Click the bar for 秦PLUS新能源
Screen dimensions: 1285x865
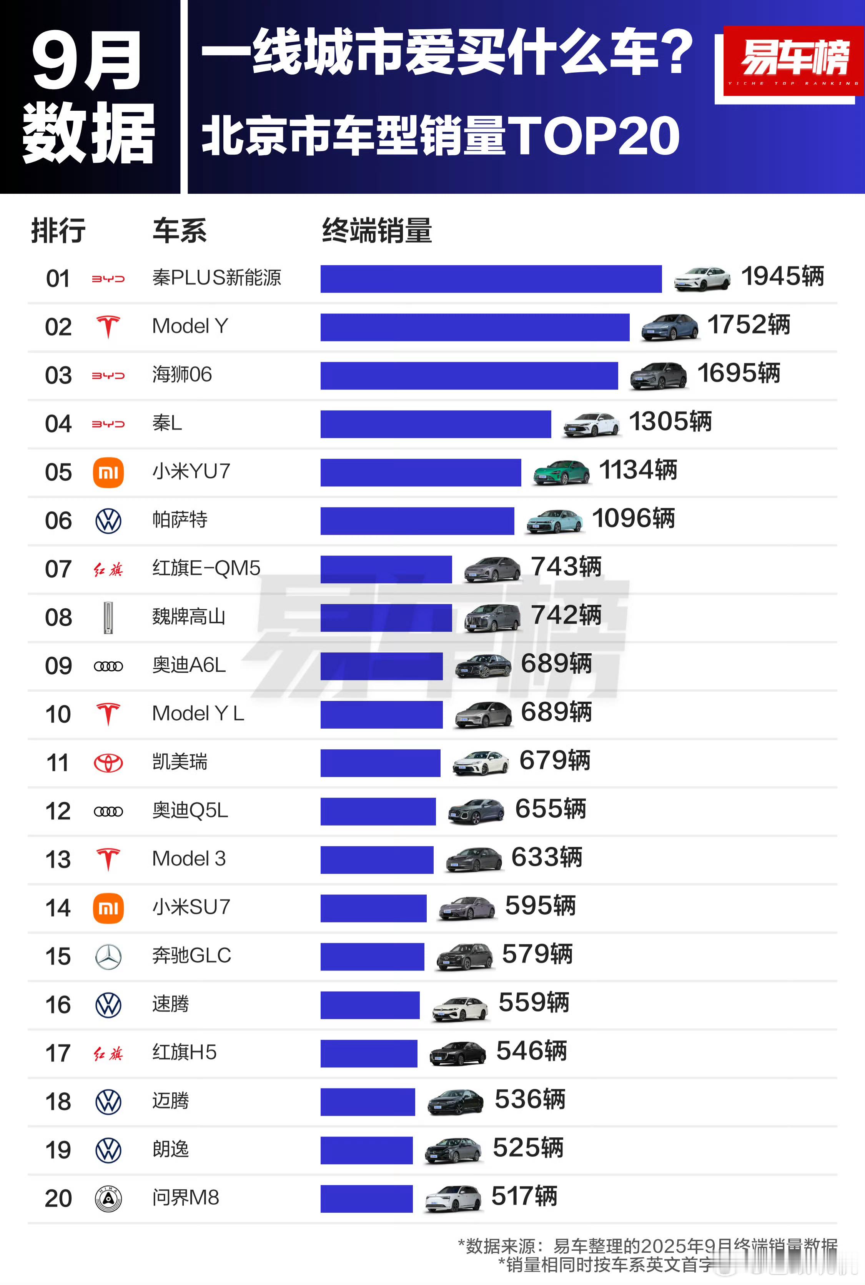point(491,279)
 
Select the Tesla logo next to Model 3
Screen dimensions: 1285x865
point(108,859)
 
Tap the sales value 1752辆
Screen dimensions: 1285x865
point(748,325)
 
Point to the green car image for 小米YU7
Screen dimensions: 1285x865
point(561,472)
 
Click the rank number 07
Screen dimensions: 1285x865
point(58,569)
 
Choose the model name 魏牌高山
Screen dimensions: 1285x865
point(189,616)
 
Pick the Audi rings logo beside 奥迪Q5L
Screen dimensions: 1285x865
point(108,811)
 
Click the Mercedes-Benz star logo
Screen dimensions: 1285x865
point(108,956)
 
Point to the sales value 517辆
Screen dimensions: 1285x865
point(524,1196)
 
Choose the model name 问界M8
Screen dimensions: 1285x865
point(185,1197)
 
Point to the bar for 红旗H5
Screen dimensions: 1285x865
point(369,1053)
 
